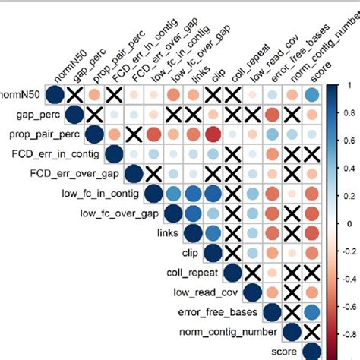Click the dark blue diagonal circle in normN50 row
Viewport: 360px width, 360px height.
(54, 95)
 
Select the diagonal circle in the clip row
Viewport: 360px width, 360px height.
(212, 252)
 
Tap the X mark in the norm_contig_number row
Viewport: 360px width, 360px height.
(311, 331)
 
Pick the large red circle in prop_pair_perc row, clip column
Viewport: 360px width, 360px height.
(212, 134)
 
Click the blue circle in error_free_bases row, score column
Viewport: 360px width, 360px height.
(311, 311)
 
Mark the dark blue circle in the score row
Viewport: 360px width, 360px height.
(311, 351)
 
